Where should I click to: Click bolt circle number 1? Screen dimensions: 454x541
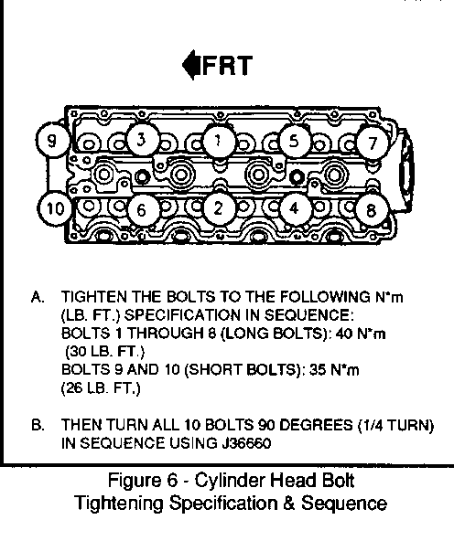tap(219, 141)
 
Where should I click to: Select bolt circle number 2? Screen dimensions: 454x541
tap(219, 208)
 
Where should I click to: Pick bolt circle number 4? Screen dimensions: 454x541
tap(295, 208)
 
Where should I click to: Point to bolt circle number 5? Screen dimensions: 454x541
tap(295, 141)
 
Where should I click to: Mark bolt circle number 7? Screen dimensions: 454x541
tap(372, 143)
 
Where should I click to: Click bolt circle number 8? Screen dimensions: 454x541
tap(372, 210)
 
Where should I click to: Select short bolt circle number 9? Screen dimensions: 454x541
tap(52, 140)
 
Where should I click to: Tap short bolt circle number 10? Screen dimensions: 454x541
tap(54, 208)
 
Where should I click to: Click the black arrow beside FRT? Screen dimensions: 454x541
tap(191, 65)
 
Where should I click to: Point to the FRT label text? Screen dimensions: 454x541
tap(227, 66)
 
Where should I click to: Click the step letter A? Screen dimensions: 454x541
tap(38, 297)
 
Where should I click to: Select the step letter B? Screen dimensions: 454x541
tap(38, 425)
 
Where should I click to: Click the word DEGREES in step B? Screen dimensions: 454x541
tap(316, 425)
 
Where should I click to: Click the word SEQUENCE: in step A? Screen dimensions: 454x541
tap(308, 315)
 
